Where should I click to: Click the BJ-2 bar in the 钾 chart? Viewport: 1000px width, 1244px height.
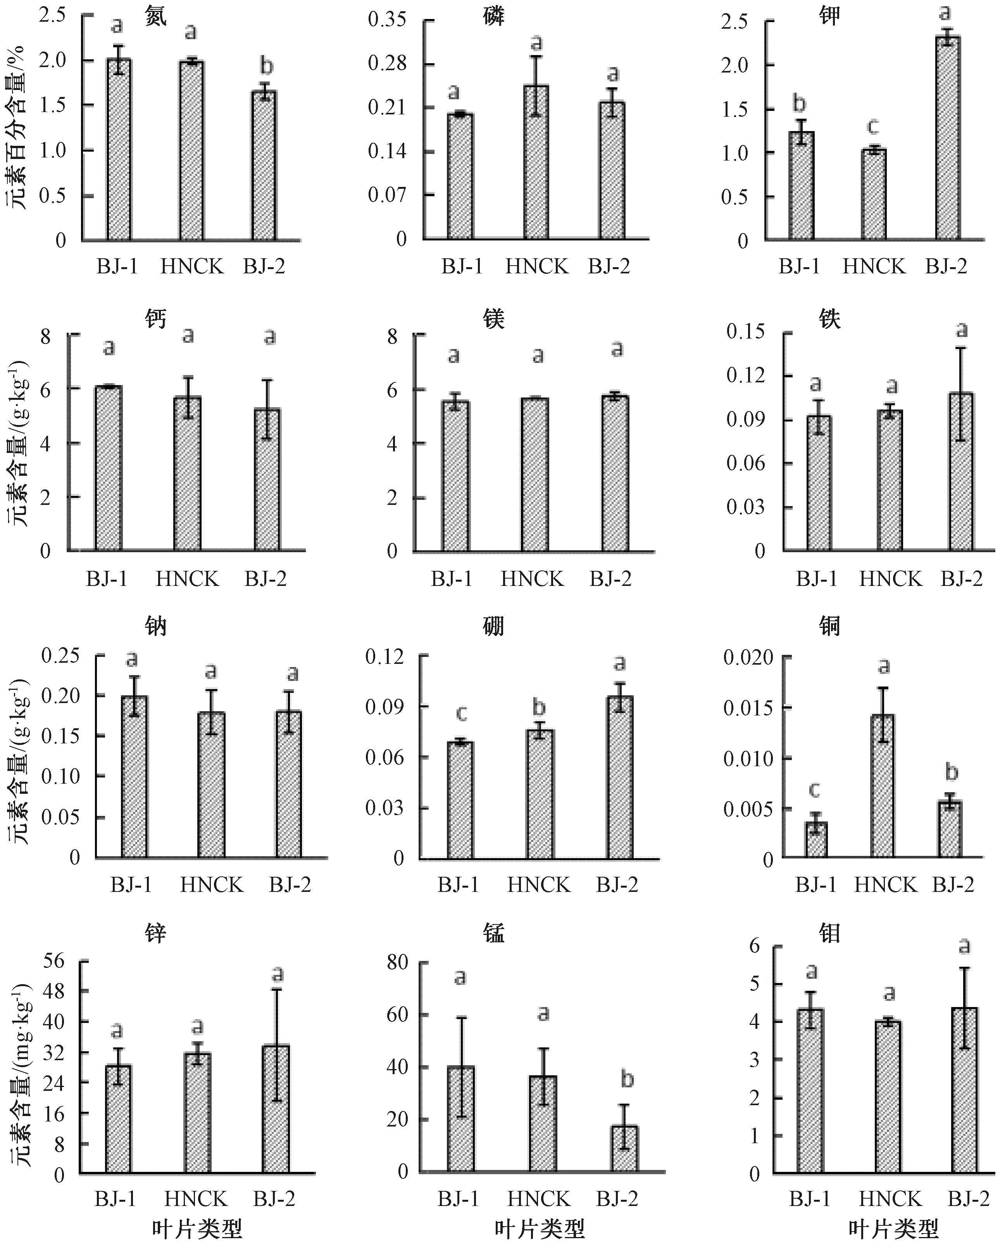pyautogui.click(x=948, y=138)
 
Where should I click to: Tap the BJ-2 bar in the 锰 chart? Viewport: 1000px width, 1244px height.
pyautogui.click(x=624, y=1149)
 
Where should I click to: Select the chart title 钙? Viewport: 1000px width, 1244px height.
pyautogui.click(x=156, y=318)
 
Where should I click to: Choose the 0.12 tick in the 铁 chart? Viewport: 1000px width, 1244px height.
pyautogui.click(x=745, y=375)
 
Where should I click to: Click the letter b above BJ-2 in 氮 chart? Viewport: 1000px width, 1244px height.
pyautogui.click(x=266, y=67)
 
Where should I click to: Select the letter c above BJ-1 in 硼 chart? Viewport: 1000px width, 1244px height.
pyautogui.click(x=461, y=714)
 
